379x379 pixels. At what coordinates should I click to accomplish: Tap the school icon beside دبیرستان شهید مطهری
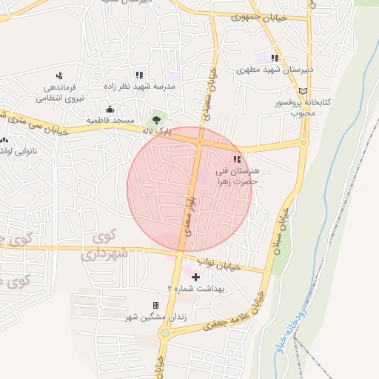(x=275, y=58)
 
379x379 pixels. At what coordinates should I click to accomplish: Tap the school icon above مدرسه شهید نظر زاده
(x=138, y=75)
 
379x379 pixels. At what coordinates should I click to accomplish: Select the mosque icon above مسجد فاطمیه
(x=110, y=110)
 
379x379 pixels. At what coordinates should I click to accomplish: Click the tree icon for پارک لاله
(x=156, y=120)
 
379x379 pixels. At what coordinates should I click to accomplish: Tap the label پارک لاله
(x=156, y=131)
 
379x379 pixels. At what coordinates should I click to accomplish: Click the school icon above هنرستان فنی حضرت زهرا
(x=237, y=159)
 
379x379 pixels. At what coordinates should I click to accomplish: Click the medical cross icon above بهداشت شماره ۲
(x=195, y=277)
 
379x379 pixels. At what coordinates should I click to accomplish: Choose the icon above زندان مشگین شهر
(x=155, y=305)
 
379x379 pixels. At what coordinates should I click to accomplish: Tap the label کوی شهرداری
(x=111, y=246)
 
